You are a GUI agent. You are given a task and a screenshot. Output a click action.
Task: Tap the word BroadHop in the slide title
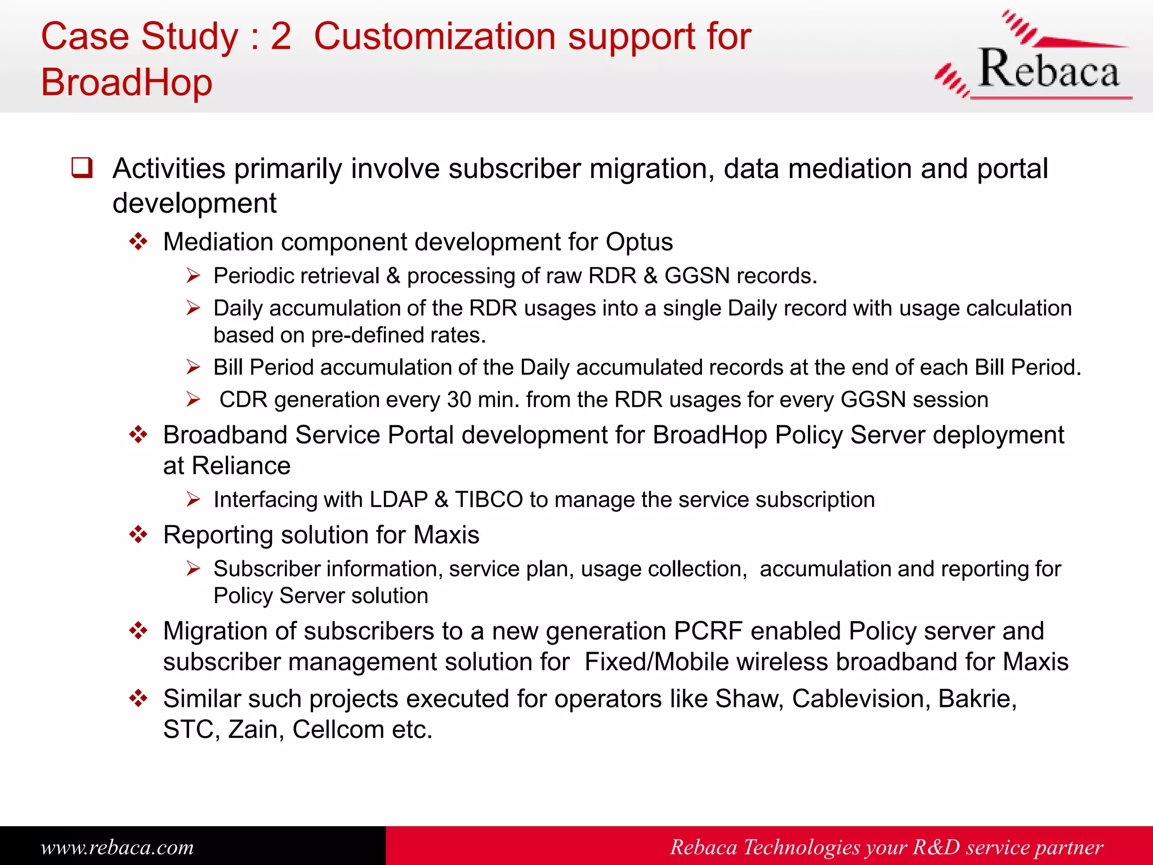[x=127, y=83]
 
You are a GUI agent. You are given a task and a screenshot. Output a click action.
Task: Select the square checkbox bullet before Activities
[x=82, y=168]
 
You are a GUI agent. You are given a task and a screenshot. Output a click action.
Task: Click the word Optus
[x=639, y=242]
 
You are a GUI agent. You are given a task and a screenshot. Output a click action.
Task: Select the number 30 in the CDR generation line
[x=459, y=400]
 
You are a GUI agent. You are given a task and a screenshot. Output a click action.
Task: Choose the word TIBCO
[x=489, y=500]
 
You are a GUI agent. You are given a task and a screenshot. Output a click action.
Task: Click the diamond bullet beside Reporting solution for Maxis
[x=138, y=534]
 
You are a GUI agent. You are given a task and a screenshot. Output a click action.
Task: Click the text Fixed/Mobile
[x=657, y=662]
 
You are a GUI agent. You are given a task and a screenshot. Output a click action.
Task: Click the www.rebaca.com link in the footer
[x=117, y=847]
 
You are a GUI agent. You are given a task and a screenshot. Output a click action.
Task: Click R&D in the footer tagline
[x=936, y=847]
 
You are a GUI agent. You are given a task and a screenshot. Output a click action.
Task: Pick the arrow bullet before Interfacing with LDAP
[x=194, y=500]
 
